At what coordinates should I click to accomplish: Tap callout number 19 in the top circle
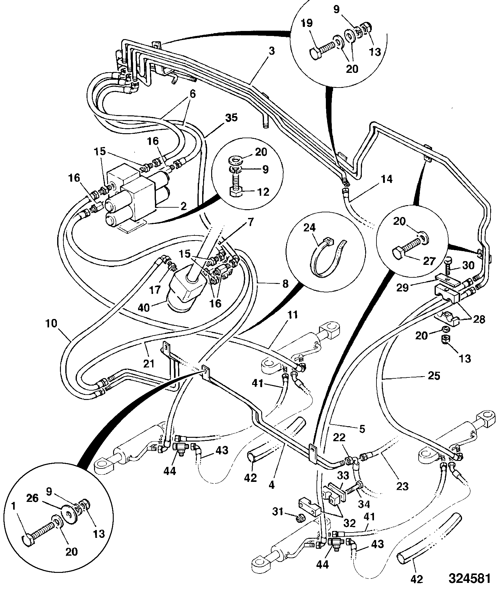[307, 24]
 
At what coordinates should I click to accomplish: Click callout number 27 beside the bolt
[429, 261]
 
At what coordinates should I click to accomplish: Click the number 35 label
[231, 118]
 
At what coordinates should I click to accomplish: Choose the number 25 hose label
[433, 376]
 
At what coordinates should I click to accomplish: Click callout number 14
[386, 179]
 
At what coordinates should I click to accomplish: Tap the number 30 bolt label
[467, 265]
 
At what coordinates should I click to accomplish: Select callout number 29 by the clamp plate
[402, 288]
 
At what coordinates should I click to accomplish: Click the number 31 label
[278, 512]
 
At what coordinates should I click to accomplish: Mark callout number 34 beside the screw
[364, 504]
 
